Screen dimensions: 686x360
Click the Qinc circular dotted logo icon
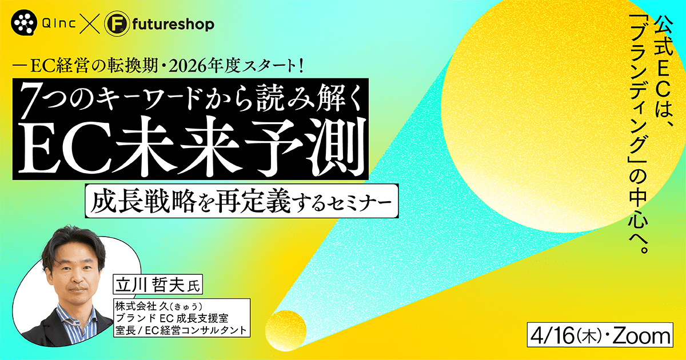pyautogui.click(x=24, y=23)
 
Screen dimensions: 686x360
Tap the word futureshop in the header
pyautogui.click(x=173, y=25)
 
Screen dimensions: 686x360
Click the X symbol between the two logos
pyautogui.click(x=89, y=24)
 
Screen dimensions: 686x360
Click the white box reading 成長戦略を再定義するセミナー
pyautogui.click(x=242, y=201)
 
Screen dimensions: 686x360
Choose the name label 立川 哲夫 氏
pyautogui.click(x=158, y=285)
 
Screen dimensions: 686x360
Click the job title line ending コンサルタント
pyautogui.click(x=181, y=330)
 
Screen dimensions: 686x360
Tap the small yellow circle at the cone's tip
pyautogui.click(x=286, y=331)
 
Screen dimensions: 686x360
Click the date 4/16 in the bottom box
pyautogui.click(x=552, y=337)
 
